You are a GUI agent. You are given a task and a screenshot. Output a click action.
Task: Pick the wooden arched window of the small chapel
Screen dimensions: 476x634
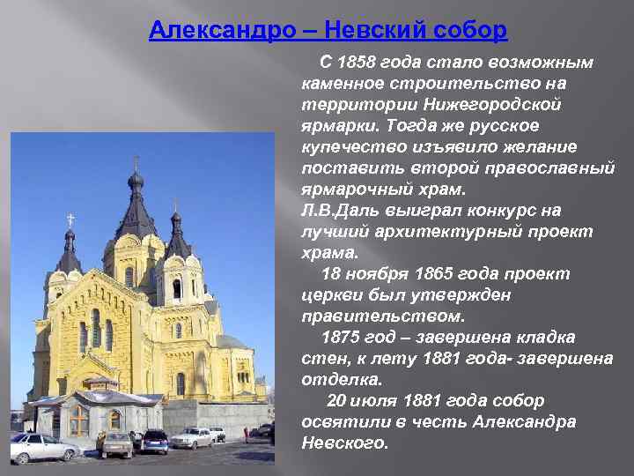[x=80, y=420]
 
